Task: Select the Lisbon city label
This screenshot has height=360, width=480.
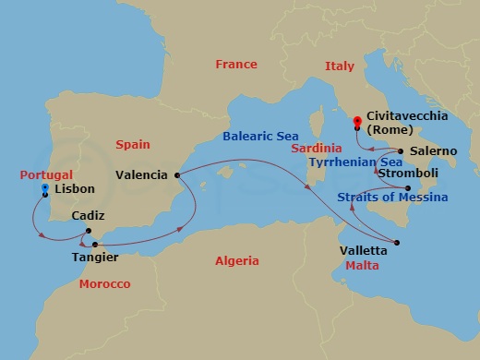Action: coord(75,188)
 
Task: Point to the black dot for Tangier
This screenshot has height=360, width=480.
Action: coord(95,245)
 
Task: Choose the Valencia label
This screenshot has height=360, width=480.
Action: coord(142,174)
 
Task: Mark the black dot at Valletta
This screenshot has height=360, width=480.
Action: coord(397,244)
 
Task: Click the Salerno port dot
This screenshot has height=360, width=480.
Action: coord(401,150)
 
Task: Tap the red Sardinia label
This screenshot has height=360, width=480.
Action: coord(318,148)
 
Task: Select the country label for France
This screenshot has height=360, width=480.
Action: coord(235,65)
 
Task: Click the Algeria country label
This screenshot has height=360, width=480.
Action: coord(236,261)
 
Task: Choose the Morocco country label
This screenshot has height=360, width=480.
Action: coord(104,283)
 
